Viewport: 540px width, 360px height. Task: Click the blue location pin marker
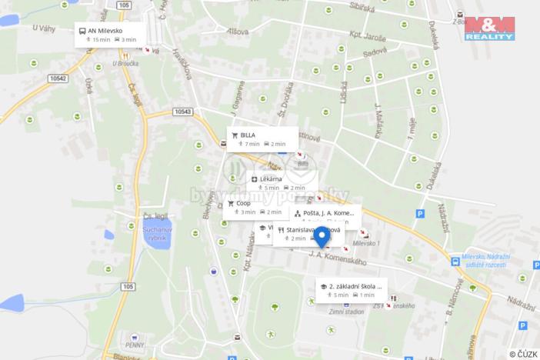[x=321, y=235]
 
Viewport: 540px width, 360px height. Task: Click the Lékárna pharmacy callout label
[x=271, y=179]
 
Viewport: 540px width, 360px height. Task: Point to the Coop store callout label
[x=243, y=203]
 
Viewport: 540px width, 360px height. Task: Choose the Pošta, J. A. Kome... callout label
[x=328, y=212]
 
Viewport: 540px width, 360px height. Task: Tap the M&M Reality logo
[x=489, y=28]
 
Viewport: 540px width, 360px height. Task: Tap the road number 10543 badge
[x=182, y=112]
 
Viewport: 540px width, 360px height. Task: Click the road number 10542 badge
[x=56, y=78]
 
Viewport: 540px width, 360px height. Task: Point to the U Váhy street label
[x=45, y=28]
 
